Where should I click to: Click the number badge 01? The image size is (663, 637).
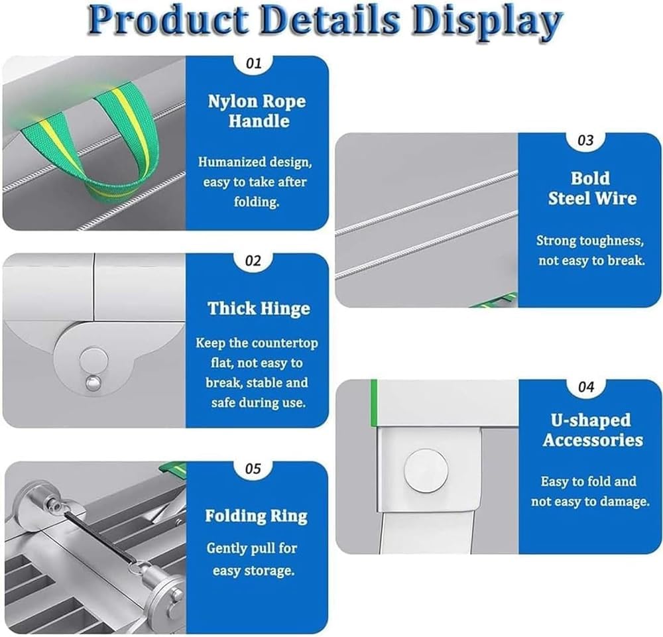point(254,64)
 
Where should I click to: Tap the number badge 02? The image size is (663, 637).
point(253,261)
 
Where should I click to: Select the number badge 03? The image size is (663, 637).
point(585,141)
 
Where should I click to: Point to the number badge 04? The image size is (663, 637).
point(586,386)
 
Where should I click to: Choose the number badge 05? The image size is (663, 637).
point(253,469)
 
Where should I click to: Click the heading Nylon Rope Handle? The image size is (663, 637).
point(257,111)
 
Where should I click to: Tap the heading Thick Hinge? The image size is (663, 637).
point(259,309)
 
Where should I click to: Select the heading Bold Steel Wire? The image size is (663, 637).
point(591,188)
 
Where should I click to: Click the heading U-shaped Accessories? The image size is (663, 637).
point(592,430)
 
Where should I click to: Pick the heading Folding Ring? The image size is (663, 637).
point(256,516)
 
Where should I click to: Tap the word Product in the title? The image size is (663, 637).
point(168,20)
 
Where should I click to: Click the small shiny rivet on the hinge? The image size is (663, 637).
point(93,383)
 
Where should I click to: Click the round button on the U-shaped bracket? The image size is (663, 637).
point(426,470)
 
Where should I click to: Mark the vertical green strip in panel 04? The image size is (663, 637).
point(374,403)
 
